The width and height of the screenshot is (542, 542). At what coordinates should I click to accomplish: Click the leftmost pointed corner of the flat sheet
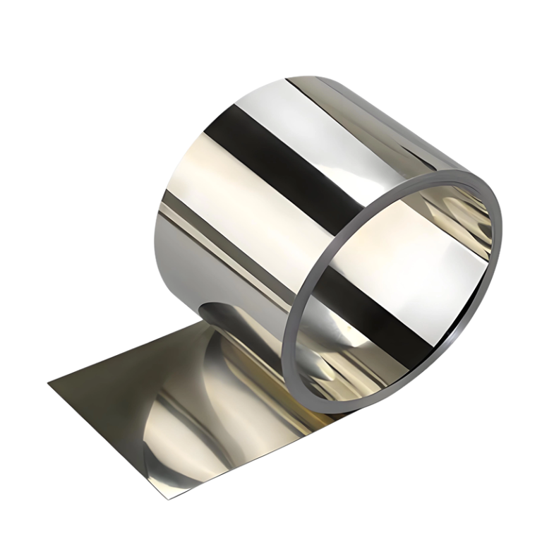pyautogui.click(x=49, y=383)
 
